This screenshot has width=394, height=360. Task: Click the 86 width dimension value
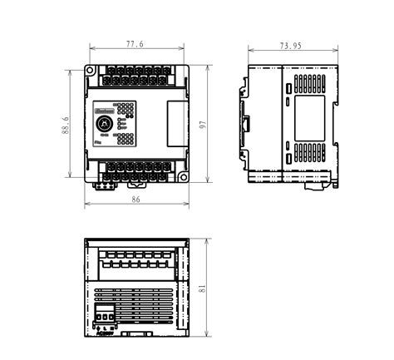[137, 200]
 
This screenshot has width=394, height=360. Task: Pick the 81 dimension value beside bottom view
[201, 288]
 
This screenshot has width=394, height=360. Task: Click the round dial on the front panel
[106, 125]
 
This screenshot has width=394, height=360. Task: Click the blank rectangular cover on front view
[174, 123]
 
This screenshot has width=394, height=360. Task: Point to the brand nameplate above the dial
[104, 108]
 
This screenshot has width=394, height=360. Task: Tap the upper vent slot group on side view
[310, 83]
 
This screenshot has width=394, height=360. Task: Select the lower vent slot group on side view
[310, 152]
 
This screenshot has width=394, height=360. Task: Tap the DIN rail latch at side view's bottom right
[313, 184]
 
